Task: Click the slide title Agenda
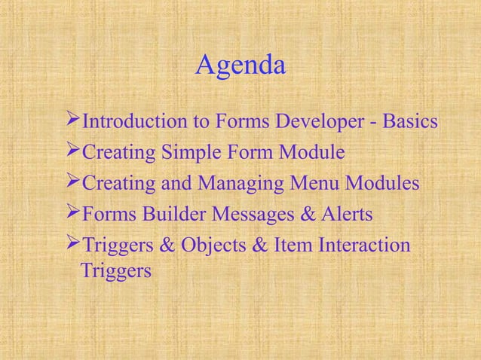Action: click(x=240, y=67)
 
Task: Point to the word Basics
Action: click(x=411, y=121)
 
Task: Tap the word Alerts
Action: click(x=346, y=216)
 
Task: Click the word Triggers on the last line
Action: click(x=114, y=270)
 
